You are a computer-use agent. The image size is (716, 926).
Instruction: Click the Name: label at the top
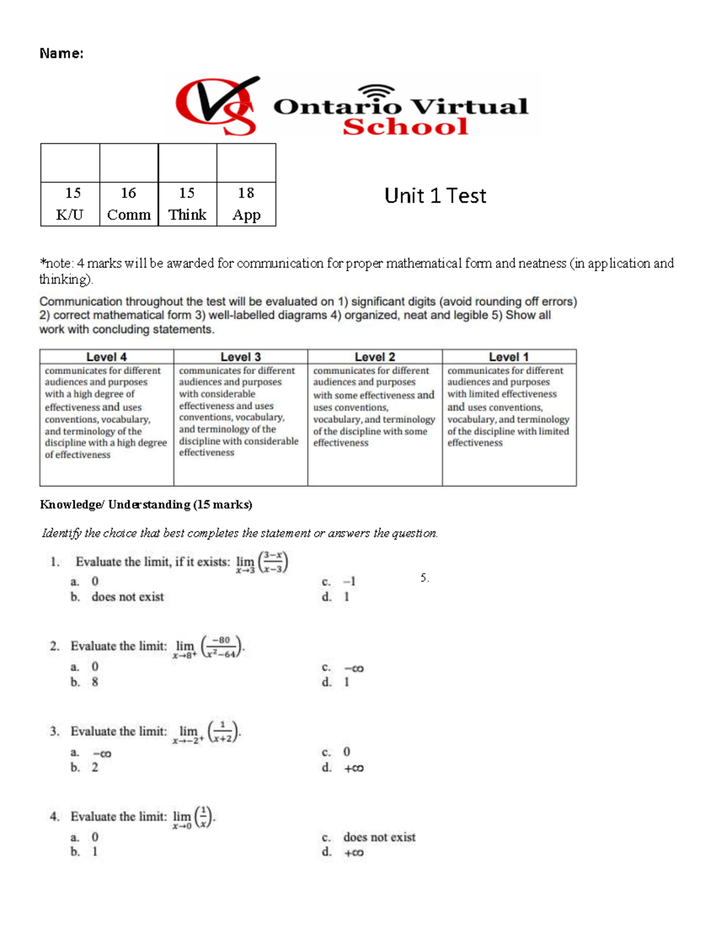[x=61, y=54]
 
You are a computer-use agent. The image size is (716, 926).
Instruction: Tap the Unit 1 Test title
[x=435, y=196]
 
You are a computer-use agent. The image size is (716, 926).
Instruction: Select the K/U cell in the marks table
[x=70, y=204]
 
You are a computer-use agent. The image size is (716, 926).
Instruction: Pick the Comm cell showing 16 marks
[x=128, y=204]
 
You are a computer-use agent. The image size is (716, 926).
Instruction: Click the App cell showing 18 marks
[x=246, y=204]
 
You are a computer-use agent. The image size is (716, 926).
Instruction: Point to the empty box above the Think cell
[x=187, y=163]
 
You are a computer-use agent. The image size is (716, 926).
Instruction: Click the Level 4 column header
[x=106, y=357]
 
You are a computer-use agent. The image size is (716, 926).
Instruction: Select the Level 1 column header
[x=508, y=357]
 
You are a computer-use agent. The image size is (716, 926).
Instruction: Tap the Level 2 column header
[x=375, y=357]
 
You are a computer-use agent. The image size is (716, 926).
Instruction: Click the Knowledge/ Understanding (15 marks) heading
[x=146, y=504]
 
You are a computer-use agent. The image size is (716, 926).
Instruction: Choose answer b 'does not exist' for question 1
[x=127, y=597]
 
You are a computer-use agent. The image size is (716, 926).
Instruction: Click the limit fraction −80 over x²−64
[x=223, y=647]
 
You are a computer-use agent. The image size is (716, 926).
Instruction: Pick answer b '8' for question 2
[x=94, y=682]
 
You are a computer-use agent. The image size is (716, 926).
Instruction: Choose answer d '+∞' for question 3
[x=353, y=768]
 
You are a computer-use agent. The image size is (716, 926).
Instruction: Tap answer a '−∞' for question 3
[x=101, y=754]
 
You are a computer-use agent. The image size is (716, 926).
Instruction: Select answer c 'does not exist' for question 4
[x=379, y=837]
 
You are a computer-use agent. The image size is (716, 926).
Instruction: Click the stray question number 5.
[x=424, y=578]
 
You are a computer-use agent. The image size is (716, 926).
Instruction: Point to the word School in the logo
[x=405, y=126]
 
